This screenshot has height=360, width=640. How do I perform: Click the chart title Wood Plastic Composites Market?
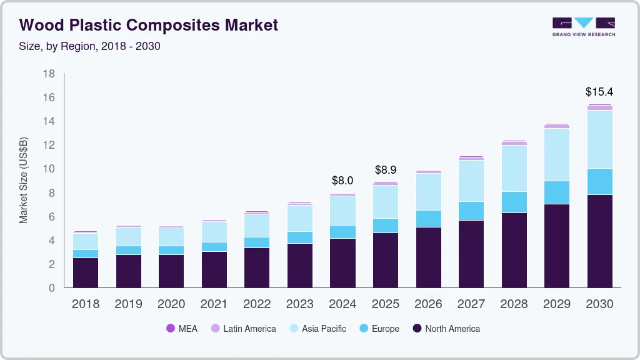point(149,25)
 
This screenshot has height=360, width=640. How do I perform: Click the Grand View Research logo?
point(583,26)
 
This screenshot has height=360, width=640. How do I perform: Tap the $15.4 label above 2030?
point(599,92)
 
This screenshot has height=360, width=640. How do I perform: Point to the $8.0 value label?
point(342,181)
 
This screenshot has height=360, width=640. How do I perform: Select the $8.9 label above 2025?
point(385,170)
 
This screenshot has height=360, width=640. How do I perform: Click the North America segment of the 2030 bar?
point(599,241)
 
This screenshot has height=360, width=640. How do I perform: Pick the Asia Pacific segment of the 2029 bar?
point(556,154)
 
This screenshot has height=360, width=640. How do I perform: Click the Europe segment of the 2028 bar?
point(514,202)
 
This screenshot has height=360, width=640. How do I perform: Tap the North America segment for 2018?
point(86,272)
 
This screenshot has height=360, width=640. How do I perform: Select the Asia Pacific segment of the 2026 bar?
point(428,192)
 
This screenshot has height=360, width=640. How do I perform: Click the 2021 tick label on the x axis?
point(214,304)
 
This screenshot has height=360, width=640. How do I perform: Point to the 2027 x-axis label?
point(471,304)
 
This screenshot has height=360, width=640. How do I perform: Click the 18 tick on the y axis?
point(49,74)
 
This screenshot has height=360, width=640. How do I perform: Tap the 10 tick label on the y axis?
point(49,169)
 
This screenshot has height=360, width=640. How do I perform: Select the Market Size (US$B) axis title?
point(24,180)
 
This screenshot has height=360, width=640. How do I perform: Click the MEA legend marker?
point(170,329)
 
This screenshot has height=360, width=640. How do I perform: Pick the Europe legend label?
point(385,329)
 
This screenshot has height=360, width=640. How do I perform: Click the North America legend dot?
point(417,329)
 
